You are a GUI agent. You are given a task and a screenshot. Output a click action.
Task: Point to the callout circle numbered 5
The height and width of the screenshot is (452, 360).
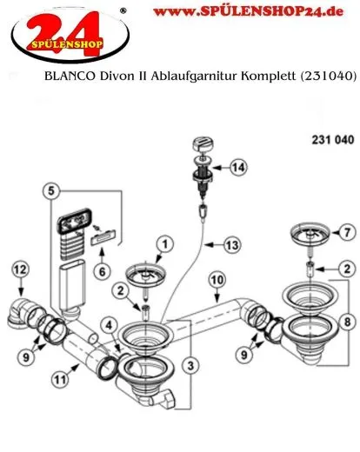pyautogui.click(x=53, y=190)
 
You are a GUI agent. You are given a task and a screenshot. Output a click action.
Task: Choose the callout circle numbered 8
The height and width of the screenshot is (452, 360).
pyautogui.click(x=345, y=323)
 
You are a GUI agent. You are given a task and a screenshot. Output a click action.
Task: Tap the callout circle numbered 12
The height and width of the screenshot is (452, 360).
pyautogui.click(x=20, y=271)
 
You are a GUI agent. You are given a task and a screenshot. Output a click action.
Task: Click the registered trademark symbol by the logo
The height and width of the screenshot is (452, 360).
pyautogui.click(x=122, y=10)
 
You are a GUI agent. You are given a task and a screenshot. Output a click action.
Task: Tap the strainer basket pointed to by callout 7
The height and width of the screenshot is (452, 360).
pyautogui.click(x=307, y=236)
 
